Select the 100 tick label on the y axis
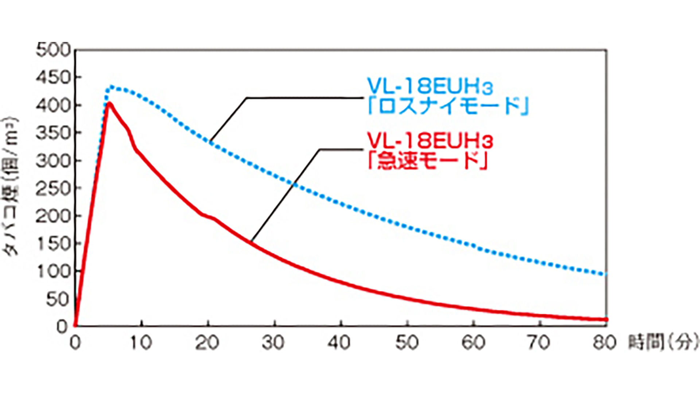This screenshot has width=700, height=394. pos(54,272)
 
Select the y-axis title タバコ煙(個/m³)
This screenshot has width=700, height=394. pos(11,186)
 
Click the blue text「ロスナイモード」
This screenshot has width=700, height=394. pos(448,107)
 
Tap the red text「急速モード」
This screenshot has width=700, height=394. pos(427,161)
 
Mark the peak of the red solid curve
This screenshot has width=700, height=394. pos(109,104)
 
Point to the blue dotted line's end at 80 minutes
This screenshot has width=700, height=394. pos(606,274)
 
